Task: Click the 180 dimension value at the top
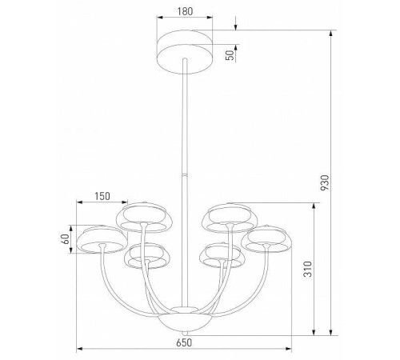[185, 12]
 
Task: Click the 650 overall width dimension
[185, 342]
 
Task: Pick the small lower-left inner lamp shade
[146, 256]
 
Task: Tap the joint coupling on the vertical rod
[185, 174]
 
